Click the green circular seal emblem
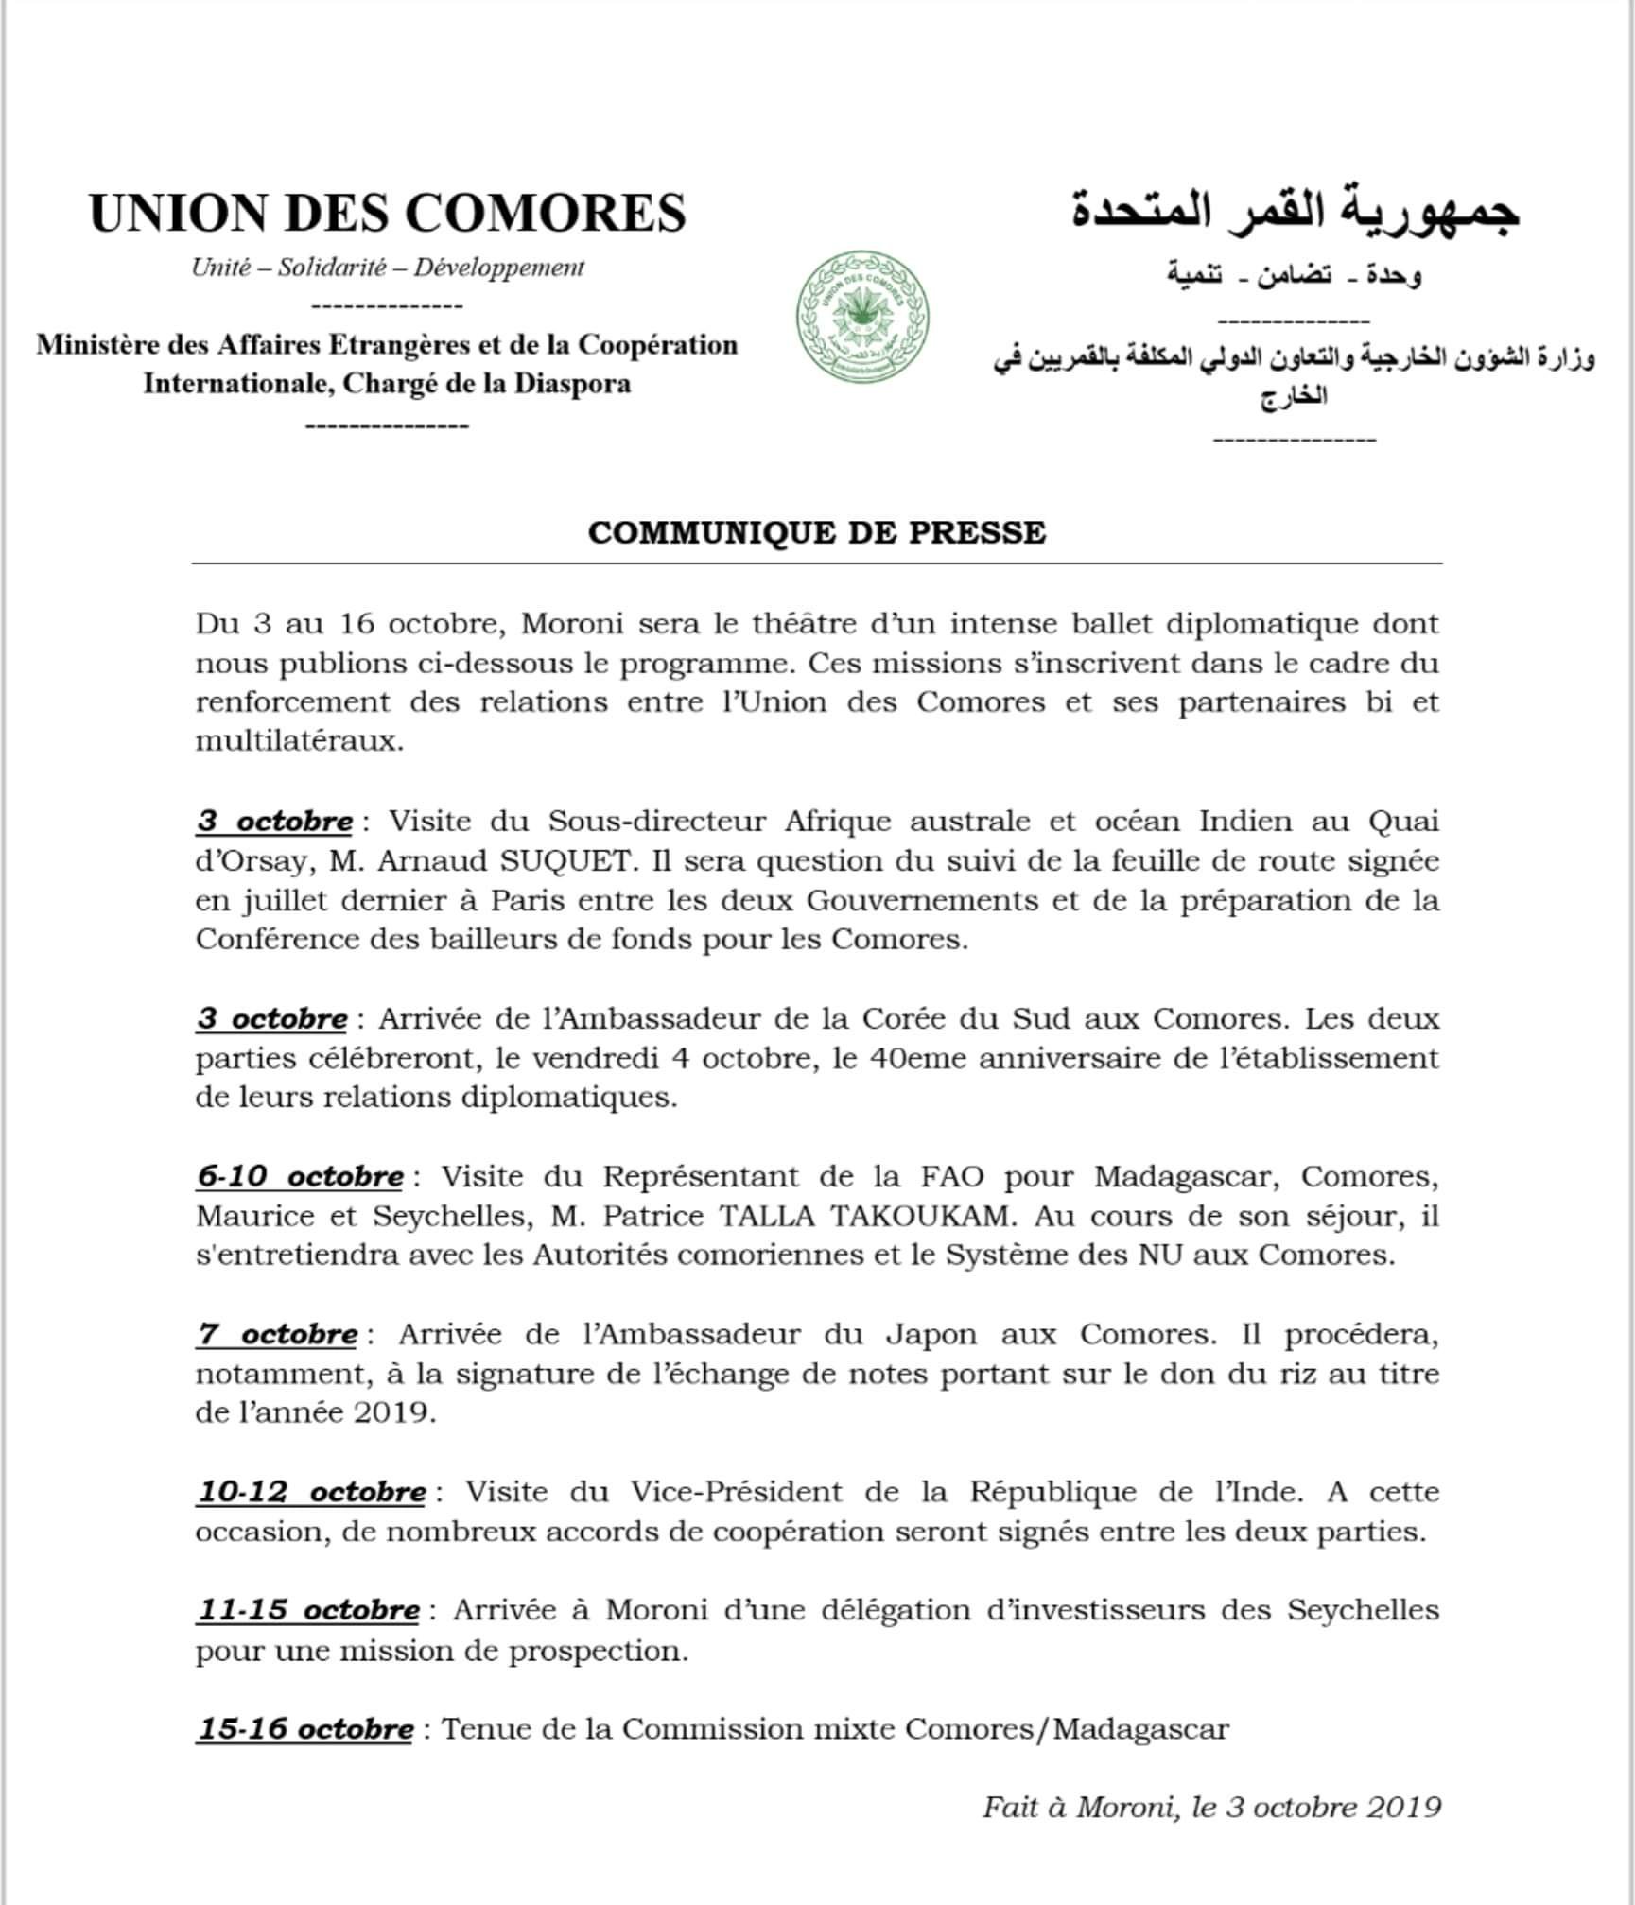[861, 318]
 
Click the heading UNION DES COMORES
[388, 213]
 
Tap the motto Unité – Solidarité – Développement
[388, 268]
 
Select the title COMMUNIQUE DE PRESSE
[816, 532]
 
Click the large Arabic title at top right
[1296, 213]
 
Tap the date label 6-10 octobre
[300, 1176]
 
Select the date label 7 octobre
[277, 1334]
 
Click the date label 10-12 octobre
[311, 1492]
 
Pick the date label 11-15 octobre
[308, 1610]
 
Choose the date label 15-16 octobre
[305, 1729]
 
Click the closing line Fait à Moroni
[1211, 1807]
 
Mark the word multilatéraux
[300, 741]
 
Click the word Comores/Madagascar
[1067, 1729]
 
